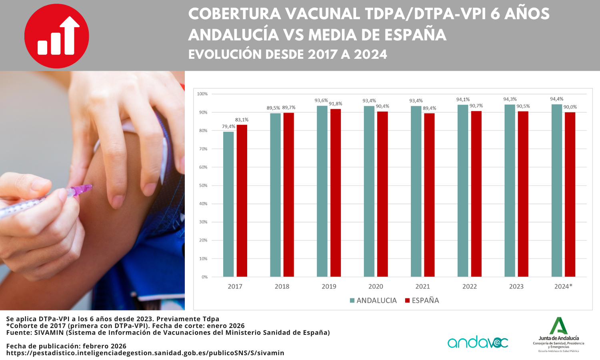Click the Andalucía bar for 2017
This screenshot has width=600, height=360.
click(x=228, y=204)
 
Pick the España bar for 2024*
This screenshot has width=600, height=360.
click(x=570, y=194)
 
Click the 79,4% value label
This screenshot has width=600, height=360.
click(x=229, y=127)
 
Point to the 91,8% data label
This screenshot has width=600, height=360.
click(x=336, y=104)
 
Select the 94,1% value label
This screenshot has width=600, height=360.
click(x=463, y=100)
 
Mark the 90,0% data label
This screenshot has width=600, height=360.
click(x=570, y=107)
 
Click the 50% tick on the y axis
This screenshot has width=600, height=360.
click(x=203, y=186)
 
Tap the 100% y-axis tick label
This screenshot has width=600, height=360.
click(x=202, y=94)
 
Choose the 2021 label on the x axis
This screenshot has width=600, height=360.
click(x=422, y=286)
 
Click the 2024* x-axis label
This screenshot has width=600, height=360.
click(x=563, y=286)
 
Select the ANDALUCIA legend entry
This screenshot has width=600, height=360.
click(x=373, y=300)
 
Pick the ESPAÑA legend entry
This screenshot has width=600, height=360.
click(x=422, y=300)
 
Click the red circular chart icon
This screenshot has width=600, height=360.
click(x=57, y=36)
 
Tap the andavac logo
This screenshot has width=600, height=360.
click(x=478, y=342)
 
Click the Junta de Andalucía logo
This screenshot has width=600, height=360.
click(x=558, y=334)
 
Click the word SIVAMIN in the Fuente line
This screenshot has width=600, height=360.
click(x=49, y=332)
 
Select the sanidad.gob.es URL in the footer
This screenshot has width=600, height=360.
click(x=145, y=353)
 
